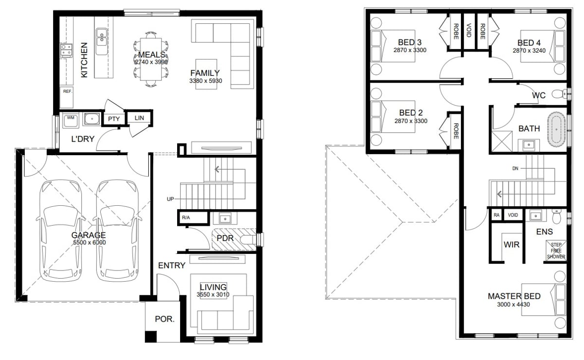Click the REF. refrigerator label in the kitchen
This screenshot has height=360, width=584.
(68, 91)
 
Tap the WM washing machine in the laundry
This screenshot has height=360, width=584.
(71, 121)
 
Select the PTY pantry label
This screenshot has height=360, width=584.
(114, 119)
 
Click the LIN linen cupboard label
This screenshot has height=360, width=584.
(139, 118)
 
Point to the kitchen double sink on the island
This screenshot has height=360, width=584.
(102, 41)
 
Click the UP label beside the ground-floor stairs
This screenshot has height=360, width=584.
(170, 199)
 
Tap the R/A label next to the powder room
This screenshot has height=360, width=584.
(186, 217)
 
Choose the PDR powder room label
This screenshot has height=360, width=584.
(225, 238)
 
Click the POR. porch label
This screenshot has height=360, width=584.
(164, 319)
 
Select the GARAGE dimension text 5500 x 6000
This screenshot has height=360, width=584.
(90, 243)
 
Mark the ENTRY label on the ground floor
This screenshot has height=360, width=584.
(171, 266)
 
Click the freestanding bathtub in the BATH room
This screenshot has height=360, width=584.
(556, 129)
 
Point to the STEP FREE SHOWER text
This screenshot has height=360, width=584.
(556, 251)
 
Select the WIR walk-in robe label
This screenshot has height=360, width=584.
(511, 245)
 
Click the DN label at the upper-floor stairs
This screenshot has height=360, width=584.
(515, 169)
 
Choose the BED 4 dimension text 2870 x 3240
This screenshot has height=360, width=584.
(529, 51)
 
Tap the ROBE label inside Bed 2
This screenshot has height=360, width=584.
(456, 131)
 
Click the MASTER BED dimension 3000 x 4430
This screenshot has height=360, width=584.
(513, 305)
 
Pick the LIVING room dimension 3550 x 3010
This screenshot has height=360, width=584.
(213, 295)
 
